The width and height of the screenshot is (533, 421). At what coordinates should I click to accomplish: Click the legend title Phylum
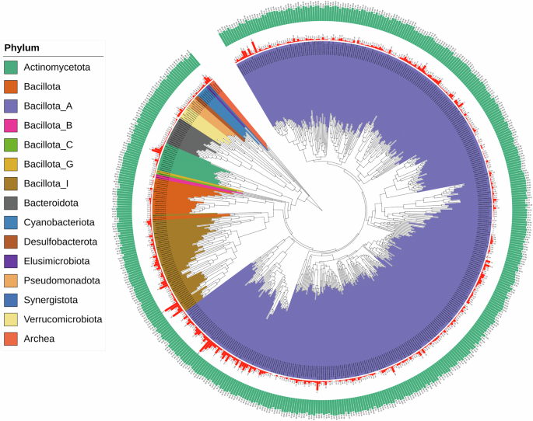pyautogui.click(x=22, y=47)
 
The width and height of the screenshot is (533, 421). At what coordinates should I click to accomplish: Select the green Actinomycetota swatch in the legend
pyautogui.click(x=12, y=68)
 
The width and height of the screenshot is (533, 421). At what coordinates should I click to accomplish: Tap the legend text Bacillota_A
pyautogui.click(x=51, y=106)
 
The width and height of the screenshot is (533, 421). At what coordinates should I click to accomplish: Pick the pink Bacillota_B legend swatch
pyautogui.click(x=12, y=125)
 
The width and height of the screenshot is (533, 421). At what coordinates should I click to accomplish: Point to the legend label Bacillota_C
pyautogui.click(x=51, y=144)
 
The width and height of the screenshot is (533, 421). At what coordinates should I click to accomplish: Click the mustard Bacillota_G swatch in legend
pyautogui.click(x=12, y=164)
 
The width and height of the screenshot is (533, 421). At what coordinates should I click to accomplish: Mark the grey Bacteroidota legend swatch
pyautogui.click(x=12, y=203)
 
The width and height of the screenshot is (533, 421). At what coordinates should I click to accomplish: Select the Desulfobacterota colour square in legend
pyautogui.click(x=12, y=242)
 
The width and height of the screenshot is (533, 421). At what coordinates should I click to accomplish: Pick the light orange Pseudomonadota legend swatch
pyautogui.click(x=12, y=280)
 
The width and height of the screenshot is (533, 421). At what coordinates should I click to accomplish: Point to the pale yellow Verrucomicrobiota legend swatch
pyautogui.click(x=12, y=319)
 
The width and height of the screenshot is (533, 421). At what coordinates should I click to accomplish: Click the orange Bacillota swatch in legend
pyautogui.click(x=12, y=87)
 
